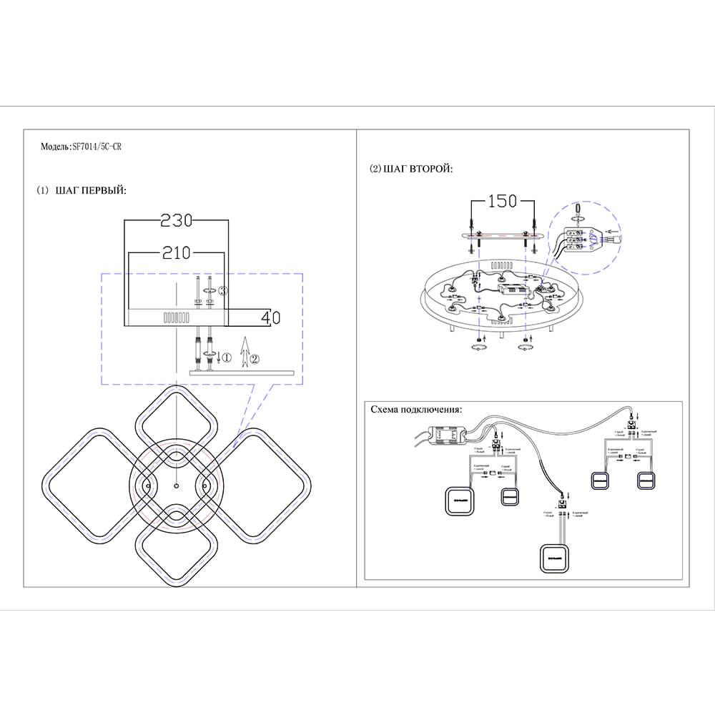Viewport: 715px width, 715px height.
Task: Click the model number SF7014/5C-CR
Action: point(100,146)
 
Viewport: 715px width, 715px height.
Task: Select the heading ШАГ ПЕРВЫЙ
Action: point(90,191)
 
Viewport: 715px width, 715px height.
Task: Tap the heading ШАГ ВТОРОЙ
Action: point(418,169)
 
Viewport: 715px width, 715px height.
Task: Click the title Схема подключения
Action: point(416,410)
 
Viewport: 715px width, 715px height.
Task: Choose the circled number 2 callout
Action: point(255,357)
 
